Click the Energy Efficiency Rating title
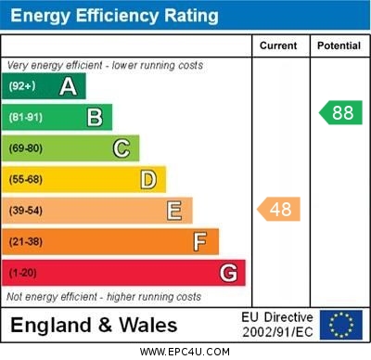click(114, 16)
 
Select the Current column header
click(278, 45)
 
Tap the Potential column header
click(338, 45)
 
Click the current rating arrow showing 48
click(279, 210)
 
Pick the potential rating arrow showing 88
click(340, 113)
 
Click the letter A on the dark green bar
click(68, 86)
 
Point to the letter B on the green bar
click(95, 117)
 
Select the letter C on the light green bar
click(122, 148)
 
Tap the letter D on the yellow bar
click(148, 179)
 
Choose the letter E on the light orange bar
click(174, 211)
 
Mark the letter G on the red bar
click(228, 273)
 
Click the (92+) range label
click(22, 86)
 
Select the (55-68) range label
click(26, 179)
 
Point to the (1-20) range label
click(23, 273)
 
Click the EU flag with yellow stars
click(340, 325)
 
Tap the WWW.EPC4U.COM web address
click(185, 352)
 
